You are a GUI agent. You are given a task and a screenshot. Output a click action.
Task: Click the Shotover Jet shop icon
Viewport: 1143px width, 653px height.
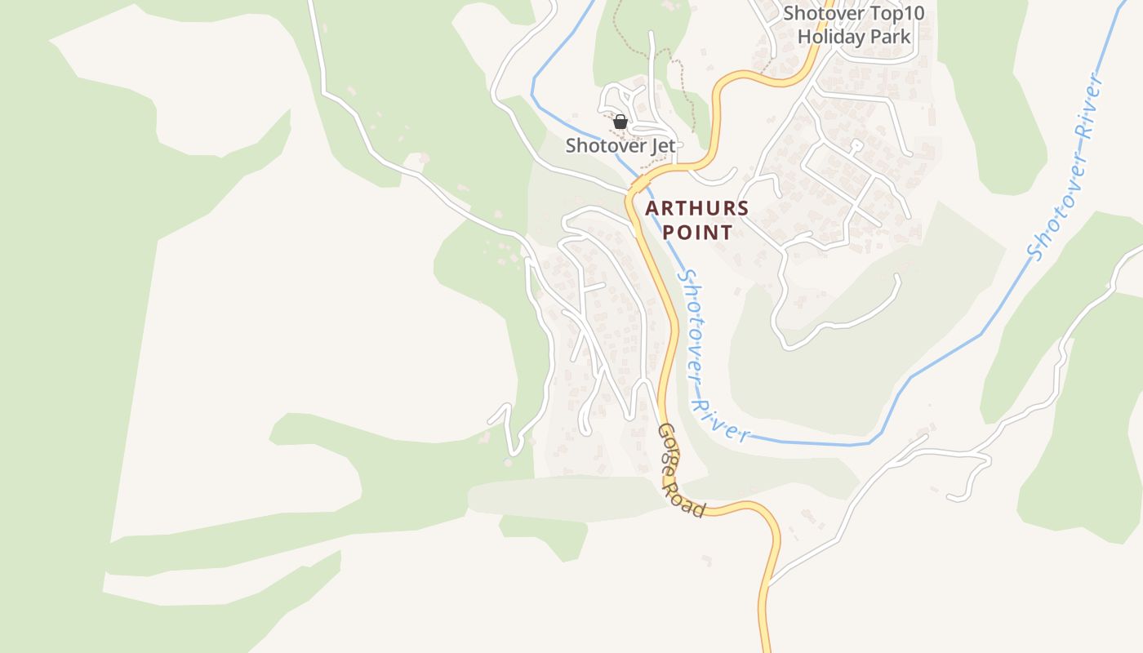point(620,122)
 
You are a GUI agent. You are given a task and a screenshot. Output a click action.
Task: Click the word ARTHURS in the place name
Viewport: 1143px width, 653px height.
point(696,208)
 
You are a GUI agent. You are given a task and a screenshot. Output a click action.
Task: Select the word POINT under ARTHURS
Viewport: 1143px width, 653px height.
point(696,233)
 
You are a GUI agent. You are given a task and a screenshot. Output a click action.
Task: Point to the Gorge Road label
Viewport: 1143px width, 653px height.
point(681,471)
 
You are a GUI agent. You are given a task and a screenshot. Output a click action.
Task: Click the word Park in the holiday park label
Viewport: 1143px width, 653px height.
point(892,36)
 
